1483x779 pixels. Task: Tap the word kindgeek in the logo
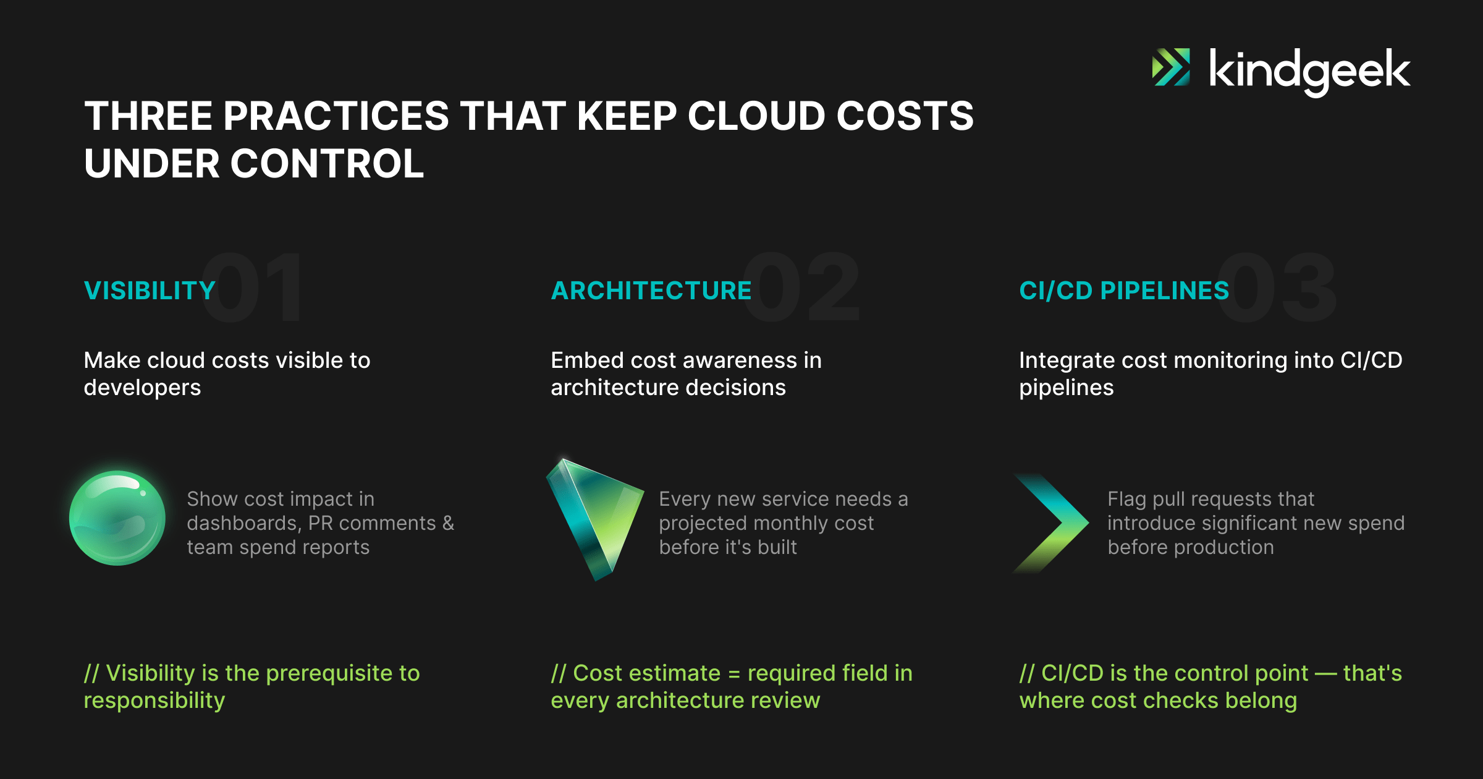click(x=1309, y=72)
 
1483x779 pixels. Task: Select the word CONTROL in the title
click(x=327, y=164)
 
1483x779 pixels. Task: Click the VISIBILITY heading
click(x=150, y=291)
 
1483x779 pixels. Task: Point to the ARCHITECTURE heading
click(x=651, y=291)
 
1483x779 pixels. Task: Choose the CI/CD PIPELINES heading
click(x=1124, y=291)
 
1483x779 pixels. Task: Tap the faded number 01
click(x=252, y=287)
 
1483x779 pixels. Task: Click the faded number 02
click(x=801, y=287)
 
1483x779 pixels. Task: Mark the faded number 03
click(x=1277, y=287)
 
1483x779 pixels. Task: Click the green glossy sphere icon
click(x=117, y=518)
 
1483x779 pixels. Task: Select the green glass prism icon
click(x=594, y=518)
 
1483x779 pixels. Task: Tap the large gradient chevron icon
click(x=1051, y=523)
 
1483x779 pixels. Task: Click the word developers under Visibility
click(x=142, y=388)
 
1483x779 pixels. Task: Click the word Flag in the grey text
click(x=1126, y=500)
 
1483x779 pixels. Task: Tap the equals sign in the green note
click(x=734, y=674)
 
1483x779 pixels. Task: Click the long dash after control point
click(x=1326, y=674)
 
